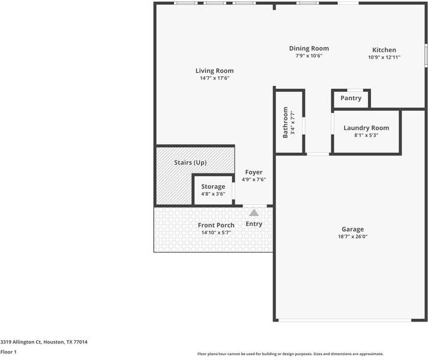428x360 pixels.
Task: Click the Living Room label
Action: coord(214,71)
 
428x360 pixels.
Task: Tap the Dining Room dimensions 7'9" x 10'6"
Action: coord(309,56)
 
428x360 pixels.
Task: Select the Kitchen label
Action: coord(384,50)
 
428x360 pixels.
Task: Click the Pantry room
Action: coord(351,98)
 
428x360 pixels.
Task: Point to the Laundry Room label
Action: coord(366,128)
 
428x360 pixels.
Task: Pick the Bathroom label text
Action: coord(286,122)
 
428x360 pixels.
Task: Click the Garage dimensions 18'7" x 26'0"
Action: coord(353,236)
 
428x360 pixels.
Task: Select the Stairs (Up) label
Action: coord(190,163)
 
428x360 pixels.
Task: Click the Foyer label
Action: coord(254,172)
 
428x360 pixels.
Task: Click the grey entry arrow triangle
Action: coord(254,212)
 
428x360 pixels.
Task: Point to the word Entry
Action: coord(254,224)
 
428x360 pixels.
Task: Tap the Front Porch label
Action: coord(216,225)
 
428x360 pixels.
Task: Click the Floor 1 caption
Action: coord(8,352)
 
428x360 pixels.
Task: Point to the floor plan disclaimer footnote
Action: coord(291,354)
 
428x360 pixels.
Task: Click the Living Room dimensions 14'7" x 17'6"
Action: coord(214,78)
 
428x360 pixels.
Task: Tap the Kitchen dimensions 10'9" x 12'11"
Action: coord(384,57)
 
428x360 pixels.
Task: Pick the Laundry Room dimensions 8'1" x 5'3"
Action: coord(366,135)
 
